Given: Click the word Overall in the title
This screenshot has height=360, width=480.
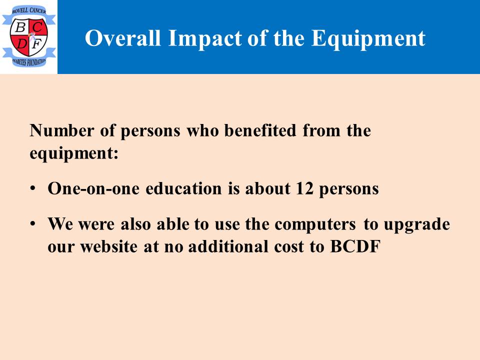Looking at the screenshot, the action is (123, 38).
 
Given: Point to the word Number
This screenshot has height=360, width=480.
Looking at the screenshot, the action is (61, 130).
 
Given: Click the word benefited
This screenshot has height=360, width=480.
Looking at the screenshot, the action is (260, 130).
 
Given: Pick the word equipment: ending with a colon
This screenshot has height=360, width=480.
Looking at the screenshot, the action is (74, 153).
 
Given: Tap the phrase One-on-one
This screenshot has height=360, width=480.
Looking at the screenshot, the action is (93, 188).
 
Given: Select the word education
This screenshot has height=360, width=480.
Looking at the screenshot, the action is (183, 188).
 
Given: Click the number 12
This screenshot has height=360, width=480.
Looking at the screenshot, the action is (304, 188).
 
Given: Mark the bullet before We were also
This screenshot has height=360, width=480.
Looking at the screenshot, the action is (33, 223).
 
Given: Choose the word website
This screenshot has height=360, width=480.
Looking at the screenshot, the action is (108, 246).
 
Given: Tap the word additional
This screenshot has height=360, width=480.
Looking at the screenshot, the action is (228, 246).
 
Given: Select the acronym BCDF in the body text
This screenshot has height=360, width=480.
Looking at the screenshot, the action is (355, 246).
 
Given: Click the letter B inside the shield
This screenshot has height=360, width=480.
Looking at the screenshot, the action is (20, 27).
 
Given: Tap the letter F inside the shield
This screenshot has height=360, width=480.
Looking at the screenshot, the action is (36, 44).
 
